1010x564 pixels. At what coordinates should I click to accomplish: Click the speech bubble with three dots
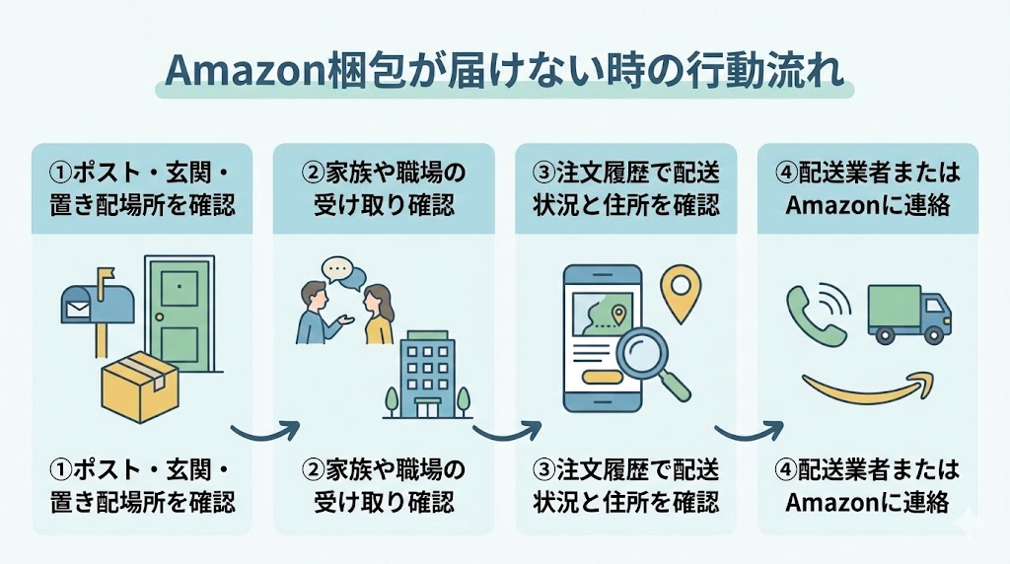pos(338,269)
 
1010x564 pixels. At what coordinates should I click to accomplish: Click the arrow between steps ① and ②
pos(264,431)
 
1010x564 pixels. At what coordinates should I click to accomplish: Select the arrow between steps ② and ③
pos(506,431)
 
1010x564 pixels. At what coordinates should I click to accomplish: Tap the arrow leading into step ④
pos(748,431)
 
